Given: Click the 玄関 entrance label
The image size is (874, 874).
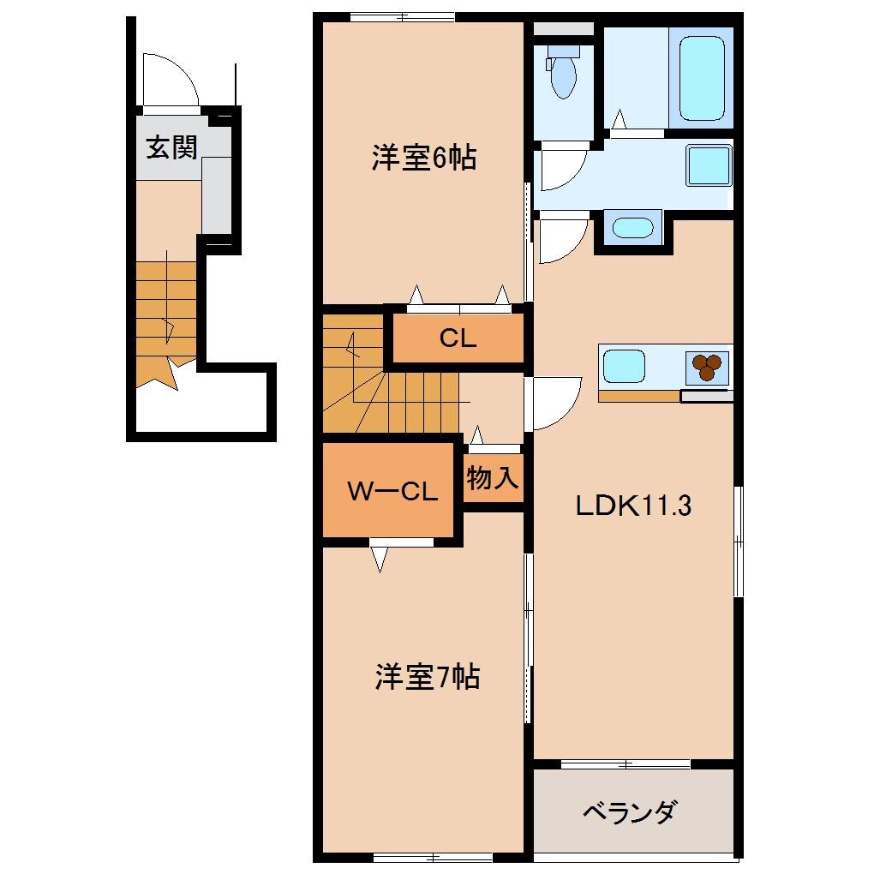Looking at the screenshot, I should (171, 148).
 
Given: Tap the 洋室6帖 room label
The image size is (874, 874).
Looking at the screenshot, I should (423, 159).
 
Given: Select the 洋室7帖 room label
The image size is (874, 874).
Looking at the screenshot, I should (426, 678).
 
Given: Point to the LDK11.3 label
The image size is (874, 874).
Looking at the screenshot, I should (632, 506).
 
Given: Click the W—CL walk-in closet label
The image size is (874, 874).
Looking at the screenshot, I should (392, 492).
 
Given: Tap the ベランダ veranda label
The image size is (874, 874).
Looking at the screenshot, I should (631, 811).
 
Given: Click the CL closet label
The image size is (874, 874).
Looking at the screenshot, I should (458, 338).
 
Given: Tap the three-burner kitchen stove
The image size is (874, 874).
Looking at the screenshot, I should (707, 368).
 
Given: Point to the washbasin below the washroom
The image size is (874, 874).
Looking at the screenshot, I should (632, 228).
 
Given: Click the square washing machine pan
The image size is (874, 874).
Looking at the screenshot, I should (708, 165).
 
